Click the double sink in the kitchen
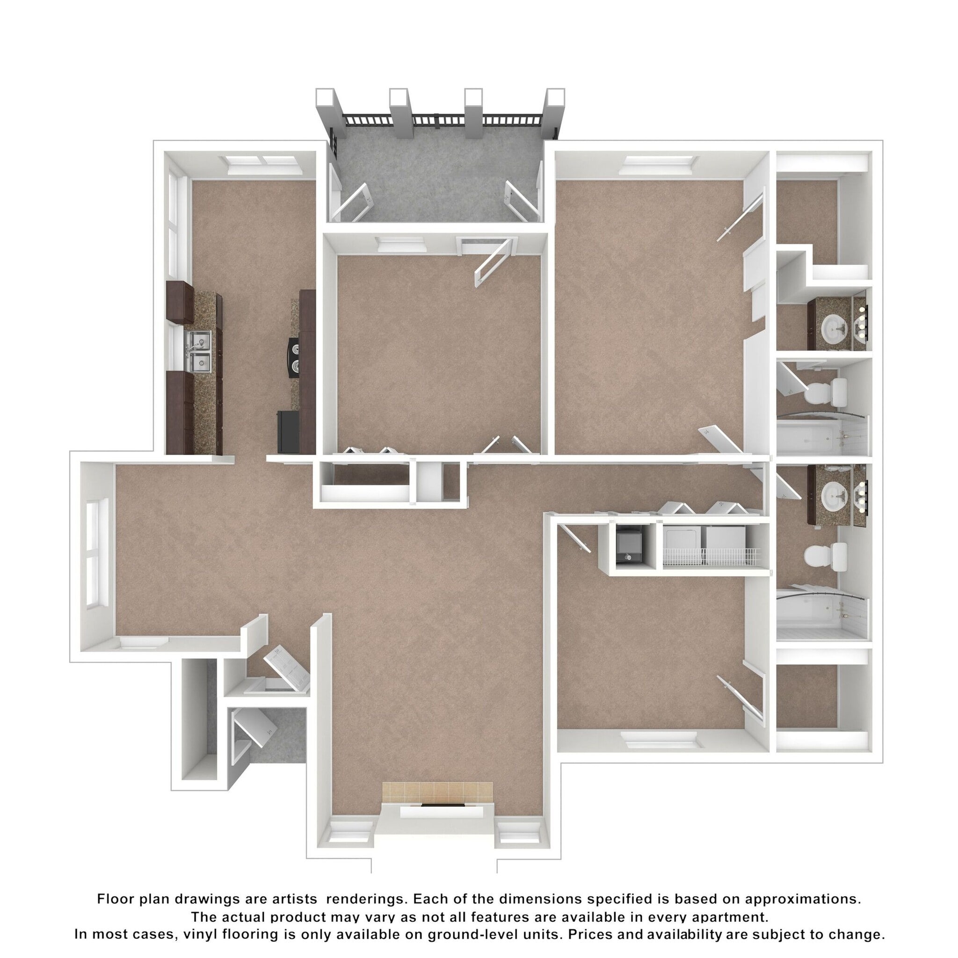click(199, 351)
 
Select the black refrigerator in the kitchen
click(289, 431)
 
